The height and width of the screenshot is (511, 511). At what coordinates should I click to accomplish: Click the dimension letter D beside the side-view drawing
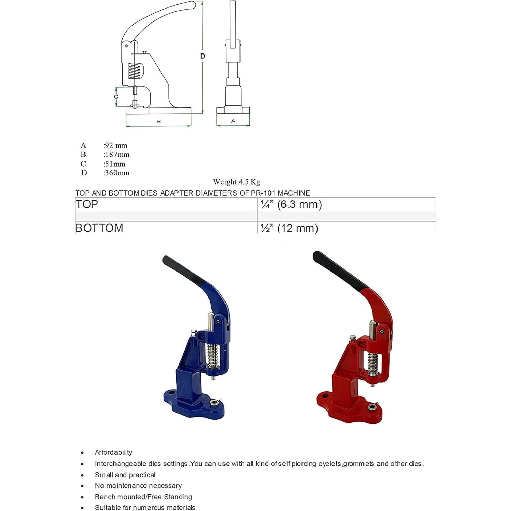pos(203,56)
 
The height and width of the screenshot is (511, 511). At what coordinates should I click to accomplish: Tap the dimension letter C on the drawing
pos(116,97)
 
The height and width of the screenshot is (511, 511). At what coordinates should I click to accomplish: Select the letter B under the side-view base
pos(158,121)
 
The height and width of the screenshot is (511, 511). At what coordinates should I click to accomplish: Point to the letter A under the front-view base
pos(233,121)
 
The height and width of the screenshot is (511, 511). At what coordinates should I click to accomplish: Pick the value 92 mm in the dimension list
pos(116,145)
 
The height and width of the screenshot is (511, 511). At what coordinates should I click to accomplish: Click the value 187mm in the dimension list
pos(117,154)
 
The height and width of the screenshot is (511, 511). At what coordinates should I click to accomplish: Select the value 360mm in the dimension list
pos(117,173)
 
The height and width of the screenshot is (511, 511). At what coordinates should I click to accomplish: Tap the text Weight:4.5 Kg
pos(236,182)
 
